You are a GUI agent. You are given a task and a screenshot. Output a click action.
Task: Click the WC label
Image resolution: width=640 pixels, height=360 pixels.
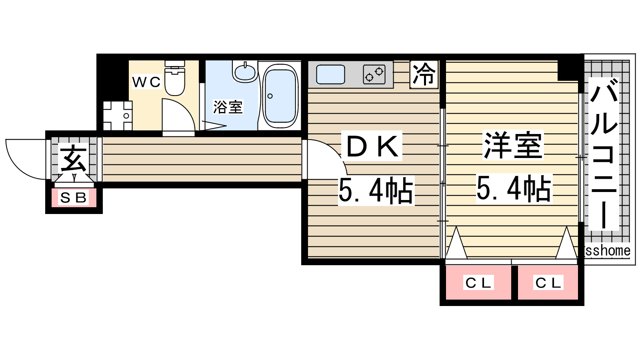pos(146,82)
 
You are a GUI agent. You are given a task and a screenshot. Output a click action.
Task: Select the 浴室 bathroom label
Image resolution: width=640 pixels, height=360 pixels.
pos(228,107)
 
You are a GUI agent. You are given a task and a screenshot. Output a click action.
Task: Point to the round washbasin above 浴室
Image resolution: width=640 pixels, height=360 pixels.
pos(245,72)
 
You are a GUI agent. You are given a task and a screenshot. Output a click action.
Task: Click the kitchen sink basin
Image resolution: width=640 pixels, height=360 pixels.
pos(330,74)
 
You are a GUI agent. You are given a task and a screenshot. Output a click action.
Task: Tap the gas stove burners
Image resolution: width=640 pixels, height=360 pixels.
pos(374,74)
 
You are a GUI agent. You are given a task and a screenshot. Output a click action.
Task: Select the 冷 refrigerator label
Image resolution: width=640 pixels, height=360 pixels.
pos(424,74)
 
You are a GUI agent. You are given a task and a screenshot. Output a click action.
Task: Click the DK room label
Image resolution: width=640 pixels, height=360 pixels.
pos(372,146)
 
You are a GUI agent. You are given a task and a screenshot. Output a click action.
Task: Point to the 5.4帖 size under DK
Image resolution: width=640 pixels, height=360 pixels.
pos(376,190)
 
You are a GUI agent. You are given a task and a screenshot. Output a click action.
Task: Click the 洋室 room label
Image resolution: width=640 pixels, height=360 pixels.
pos(513,145)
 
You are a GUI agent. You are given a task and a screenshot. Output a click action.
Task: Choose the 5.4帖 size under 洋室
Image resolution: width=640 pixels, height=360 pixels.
pos(514,188)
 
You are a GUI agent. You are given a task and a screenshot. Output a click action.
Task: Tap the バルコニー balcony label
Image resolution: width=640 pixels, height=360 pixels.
pos(604,154)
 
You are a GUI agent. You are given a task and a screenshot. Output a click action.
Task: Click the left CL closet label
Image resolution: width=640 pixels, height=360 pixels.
pos(478,283)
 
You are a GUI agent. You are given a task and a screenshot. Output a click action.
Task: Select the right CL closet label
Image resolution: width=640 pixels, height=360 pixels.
pos(548,283)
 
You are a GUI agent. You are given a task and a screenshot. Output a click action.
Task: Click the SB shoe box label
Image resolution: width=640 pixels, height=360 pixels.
pos(74,198)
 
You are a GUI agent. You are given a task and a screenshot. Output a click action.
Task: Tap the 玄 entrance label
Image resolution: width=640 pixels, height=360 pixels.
pos(74,158)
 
